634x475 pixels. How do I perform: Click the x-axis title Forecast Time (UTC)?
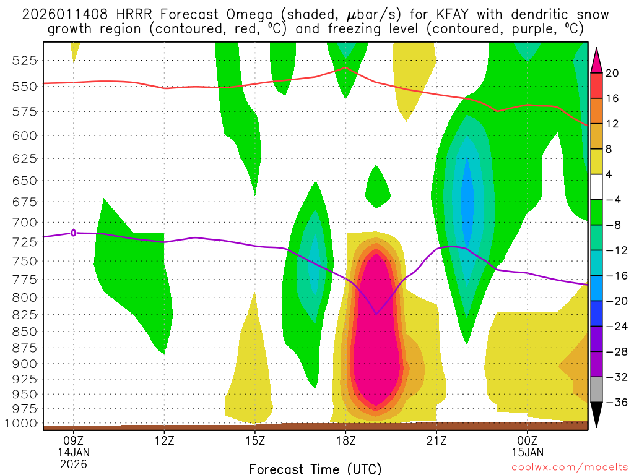click(315, 468)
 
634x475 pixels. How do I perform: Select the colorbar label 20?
click(612, 73)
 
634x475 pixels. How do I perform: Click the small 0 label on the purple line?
click(74, 233)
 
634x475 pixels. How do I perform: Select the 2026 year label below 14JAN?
click(74, 464)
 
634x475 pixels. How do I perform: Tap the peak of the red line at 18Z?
click(345, 67)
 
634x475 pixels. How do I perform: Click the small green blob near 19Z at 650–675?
click(377, 189)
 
